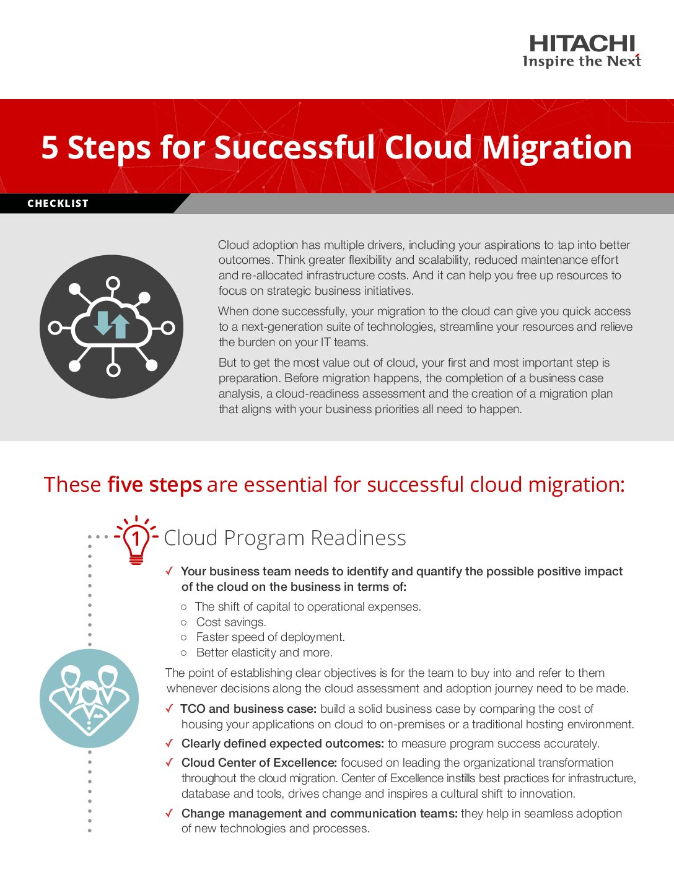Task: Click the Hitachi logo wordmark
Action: [582, 43]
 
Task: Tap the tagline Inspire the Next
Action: [582, 61]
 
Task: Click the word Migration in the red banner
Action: [557, 147]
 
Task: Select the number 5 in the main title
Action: [50, 148]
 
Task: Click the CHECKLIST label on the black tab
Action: [58, 203]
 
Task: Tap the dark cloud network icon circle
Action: [112, 326]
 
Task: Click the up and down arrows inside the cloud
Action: [112, 323]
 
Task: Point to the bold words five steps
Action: [154, 484]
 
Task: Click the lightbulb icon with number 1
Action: [136, 539]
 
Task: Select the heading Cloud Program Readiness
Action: [284, 538]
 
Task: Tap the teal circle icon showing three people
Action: [89, 698]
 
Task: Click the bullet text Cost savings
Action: [230, 622]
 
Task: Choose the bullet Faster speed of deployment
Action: [270, 637]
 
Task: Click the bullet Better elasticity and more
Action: [264, 652]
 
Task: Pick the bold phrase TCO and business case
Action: [248, 708]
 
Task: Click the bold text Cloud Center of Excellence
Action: [259, 762]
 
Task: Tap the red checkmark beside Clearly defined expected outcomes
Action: [169, 743]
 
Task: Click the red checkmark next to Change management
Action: [169, 813]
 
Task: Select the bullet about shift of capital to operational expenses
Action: [308, 606]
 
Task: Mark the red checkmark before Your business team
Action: [169, 571]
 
